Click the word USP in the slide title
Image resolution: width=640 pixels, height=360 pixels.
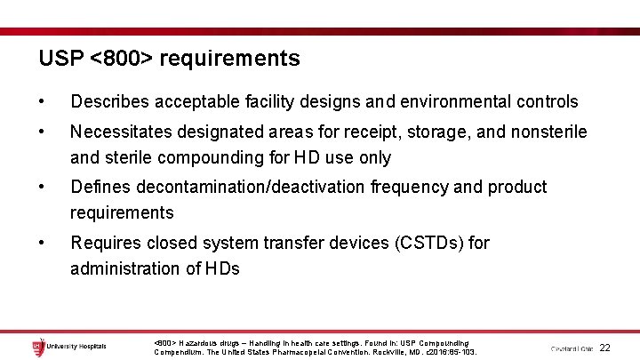61,59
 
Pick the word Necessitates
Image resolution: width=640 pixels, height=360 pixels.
124,132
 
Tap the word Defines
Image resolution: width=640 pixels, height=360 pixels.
100,187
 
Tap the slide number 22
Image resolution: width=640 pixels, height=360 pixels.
604,348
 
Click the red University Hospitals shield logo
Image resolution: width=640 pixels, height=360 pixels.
37,347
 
